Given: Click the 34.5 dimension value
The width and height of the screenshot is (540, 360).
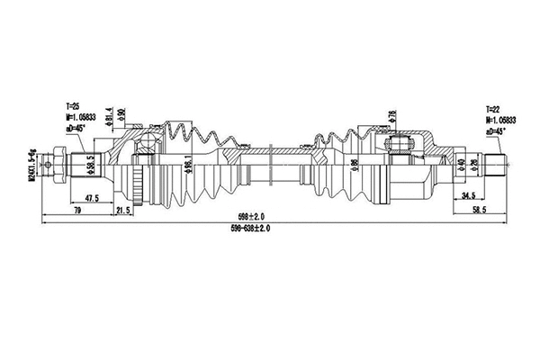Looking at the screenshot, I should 466,195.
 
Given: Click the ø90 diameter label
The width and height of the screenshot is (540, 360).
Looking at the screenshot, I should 121,117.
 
